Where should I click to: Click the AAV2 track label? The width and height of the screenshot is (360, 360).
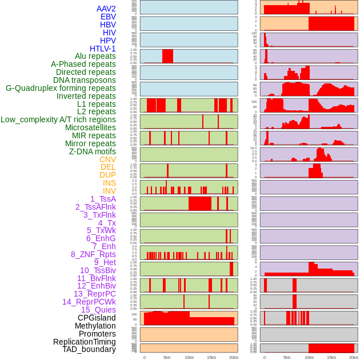[106, 9]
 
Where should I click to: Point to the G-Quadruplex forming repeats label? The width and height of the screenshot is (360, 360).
[61, 89]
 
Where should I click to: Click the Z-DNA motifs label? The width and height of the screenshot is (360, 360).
[92, 151]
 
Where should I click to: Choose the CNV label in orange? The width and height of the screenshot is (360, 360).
[107, 159]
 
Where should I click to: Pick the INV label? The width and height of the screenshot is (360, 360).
[109, 191]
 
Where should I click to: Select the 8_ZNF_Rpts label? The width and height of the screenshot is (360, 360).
[93, 254]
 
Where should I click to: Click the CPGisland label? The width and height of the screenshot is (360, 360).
[97, 318]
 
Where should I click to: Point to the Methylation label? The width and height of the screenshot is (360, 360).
[95, 326]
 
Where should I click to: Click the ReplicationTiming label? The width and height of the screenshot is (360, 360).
[85, 342]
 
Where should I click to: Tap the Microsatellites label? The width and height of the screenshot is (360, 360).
[90, 127]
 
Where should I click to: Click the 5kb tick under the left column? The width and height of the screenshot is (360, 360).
[167, 357]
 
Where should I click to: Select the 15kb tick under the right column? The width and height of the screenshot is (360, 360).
[331, 357]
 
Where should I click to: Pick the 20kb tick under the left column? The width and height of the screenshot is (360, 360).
[234, 357]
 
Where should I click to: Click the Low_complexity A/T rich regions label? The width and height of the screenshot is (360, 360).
[58, 119]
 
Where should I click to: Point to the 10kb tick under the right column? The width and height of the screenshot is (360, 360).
[309, 357]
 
